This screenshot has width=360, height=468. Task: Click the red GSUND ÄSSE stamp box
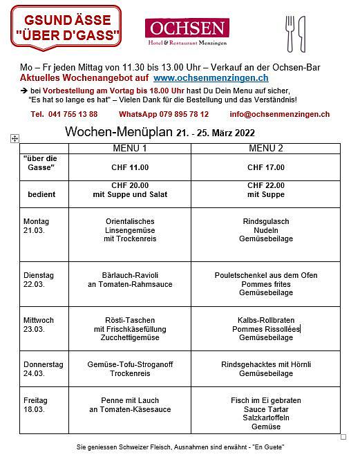[66, 26]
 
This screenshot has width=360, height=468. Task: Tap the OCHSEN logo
[185, 30]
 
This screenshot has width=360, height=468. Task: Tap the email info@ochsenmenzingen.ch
[280, 114]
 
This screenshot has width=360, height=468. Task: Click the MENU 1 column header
[130, 148]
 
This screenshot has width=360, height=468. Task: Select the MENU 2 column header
[266, 148]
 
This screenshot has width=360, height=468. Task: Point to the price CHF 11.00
[130, 167]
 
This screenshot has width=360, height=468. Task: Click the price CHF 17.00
[266, 167]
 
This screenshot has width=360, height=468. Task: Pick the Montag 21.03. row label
[37, 225]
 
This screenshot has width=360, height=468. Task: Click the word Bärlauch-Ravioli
[130, 275]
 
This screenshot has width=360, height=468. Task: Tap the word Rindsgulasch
[266, 221]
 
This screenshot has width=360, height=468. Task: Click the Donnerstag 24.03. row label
[44, 368]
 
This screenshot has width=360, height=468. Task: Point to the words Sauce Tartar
[266, 409]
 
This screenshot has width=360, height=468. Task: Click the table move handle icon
[15, 139]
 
